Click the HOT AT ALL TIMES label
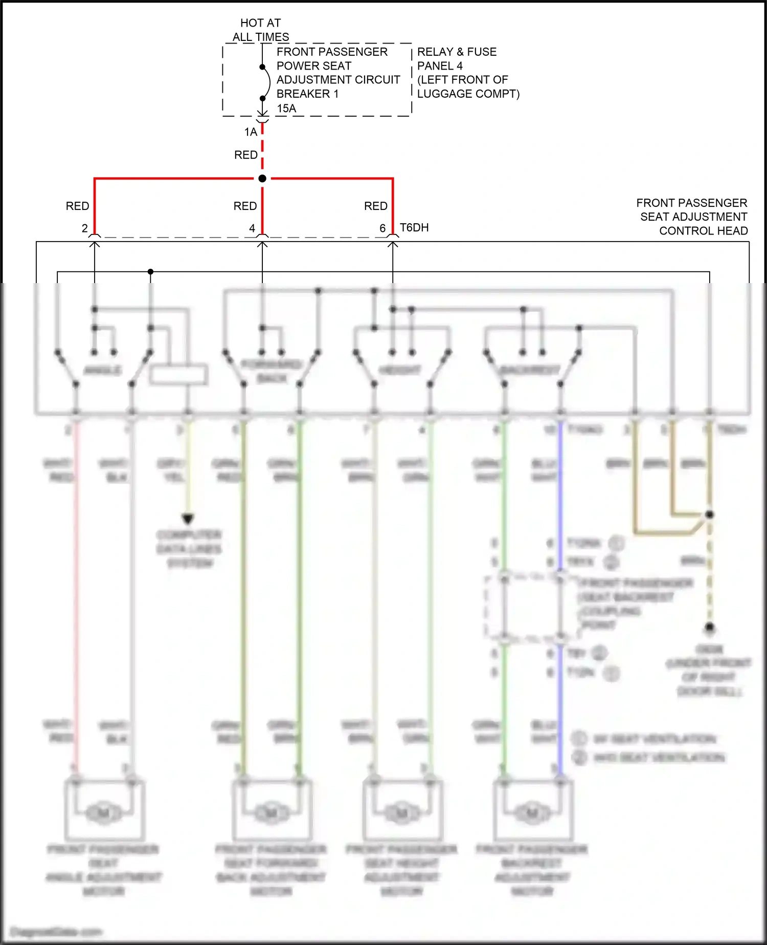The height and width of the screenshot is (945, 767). pos(260,30)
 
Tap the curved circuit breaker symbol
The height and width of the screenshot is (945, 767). pos(267,82)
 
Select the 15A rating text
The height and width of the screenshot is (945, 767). pos(286,108)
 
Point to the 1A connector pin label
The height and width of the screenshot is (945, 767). pos(251,132)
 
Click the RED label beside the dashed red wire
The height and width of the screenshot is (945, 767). pos(245,155)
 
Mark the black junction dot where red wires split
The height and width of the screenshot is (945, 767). pos(262,178)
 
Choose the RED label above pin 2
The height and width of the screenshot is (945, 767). pos(77,206)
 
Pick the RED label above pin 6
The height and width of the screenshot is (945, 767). pos(375,206)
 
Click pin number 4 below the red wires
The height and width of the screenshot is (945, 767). pos(252,228)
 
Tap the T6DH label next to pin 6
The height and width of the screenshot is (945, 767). pos(414,227)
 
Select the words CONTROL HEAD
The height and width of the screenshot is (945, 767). pos(703,231)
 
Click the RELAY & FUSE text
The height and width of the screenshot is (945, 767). pos(457,52)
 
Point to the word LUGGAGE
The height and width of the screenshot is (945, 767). pos(444,94)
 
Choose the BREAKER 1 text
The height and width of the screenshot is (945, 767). pos(307,94)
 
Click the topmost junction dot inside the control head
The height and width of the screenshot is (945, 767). pos(150,271)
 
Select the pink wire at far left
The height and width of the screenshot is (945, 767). pos(76,589)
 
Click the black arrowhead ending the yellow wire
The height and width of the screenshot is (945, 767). pos(188,519)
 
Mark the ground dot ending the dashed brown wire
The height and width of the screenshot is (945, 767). pos(709,627)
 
